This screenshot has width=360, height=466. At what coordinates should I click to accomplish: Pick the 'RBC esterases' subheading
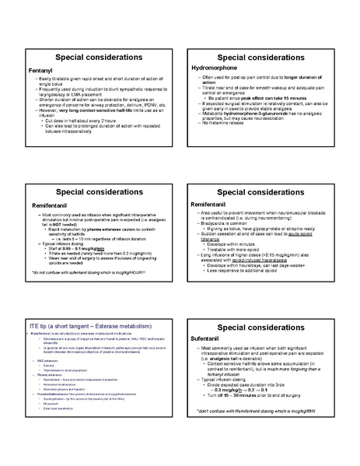[x=46, y=361]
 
